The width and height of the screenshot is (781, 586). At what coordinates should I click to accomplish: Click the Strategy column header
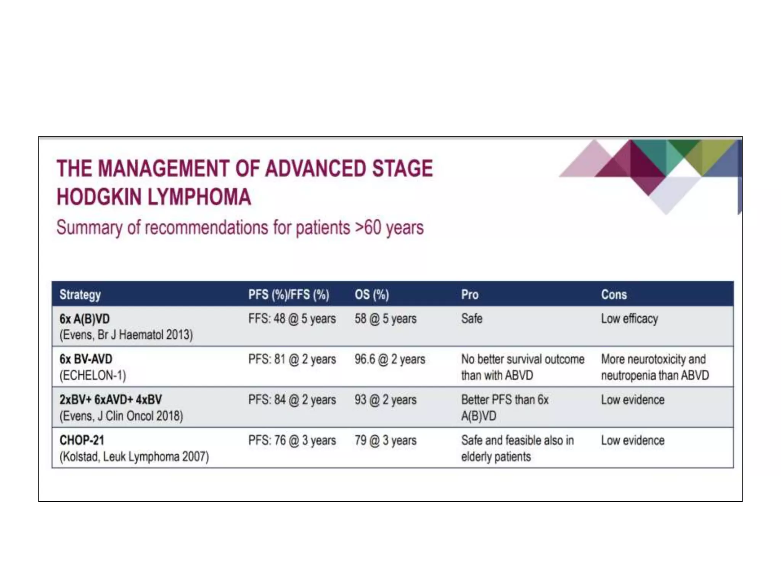click(x=80, y=295)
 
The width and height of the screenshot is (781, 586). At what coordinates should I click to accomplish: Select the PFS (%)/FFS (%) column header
click(x=289, y=295)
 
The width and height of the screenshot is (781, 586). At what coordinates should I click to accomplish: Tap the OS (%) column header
click(x=371, y=295)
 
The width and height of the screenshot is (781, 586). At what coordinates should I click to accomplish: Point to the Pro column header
click(x=469, y=295)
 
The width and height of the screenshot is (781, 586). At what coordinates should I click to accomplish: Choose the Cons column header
click(x=614, y=295)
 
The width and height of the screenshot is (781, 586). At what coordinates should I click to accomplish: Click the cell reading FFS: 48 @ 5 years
click(x=292, y=319)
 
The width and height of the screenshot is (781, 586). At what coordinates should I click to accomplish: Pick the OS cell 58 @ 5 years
click(x=385, y=319)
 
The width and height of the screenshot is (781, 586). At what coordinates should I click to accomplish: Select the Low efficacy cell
click(x=629, y=319)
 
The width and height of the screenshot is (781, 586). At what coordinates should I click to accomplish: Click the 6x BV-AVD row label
click(x=86, y=359)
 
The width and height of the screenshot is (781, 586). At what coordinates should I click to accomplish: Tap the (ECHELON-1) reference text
click(x=93, y=375)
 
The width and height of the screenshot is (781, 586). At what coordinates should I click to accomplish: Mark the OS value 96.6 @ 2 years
click(x=389, y=359)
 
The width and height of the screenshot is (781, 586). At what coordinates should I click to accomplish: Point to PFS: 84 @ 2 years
click(x=292, y=400)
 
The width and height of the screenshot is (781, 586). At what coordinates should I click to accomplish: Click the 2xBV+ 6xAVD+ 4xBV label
click(x=111, y=400)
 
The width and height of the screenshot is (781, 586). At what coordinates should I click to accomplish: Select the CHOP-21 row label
click(x=82, y=440)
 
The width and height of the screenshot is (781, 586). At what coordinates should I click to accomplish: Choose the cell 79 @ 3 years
click(x=385, y=440)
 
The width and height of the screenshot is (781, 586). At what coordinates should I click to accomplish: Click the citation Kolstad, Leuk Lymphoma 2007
click(x=134, y=457)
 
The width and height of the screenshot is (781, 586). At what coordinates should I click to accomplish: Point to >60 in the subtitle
click(x=368, y=227)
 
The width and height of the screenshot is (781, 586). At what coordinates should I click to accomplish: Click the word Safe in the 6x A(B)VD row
click(x=472, y=319)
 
